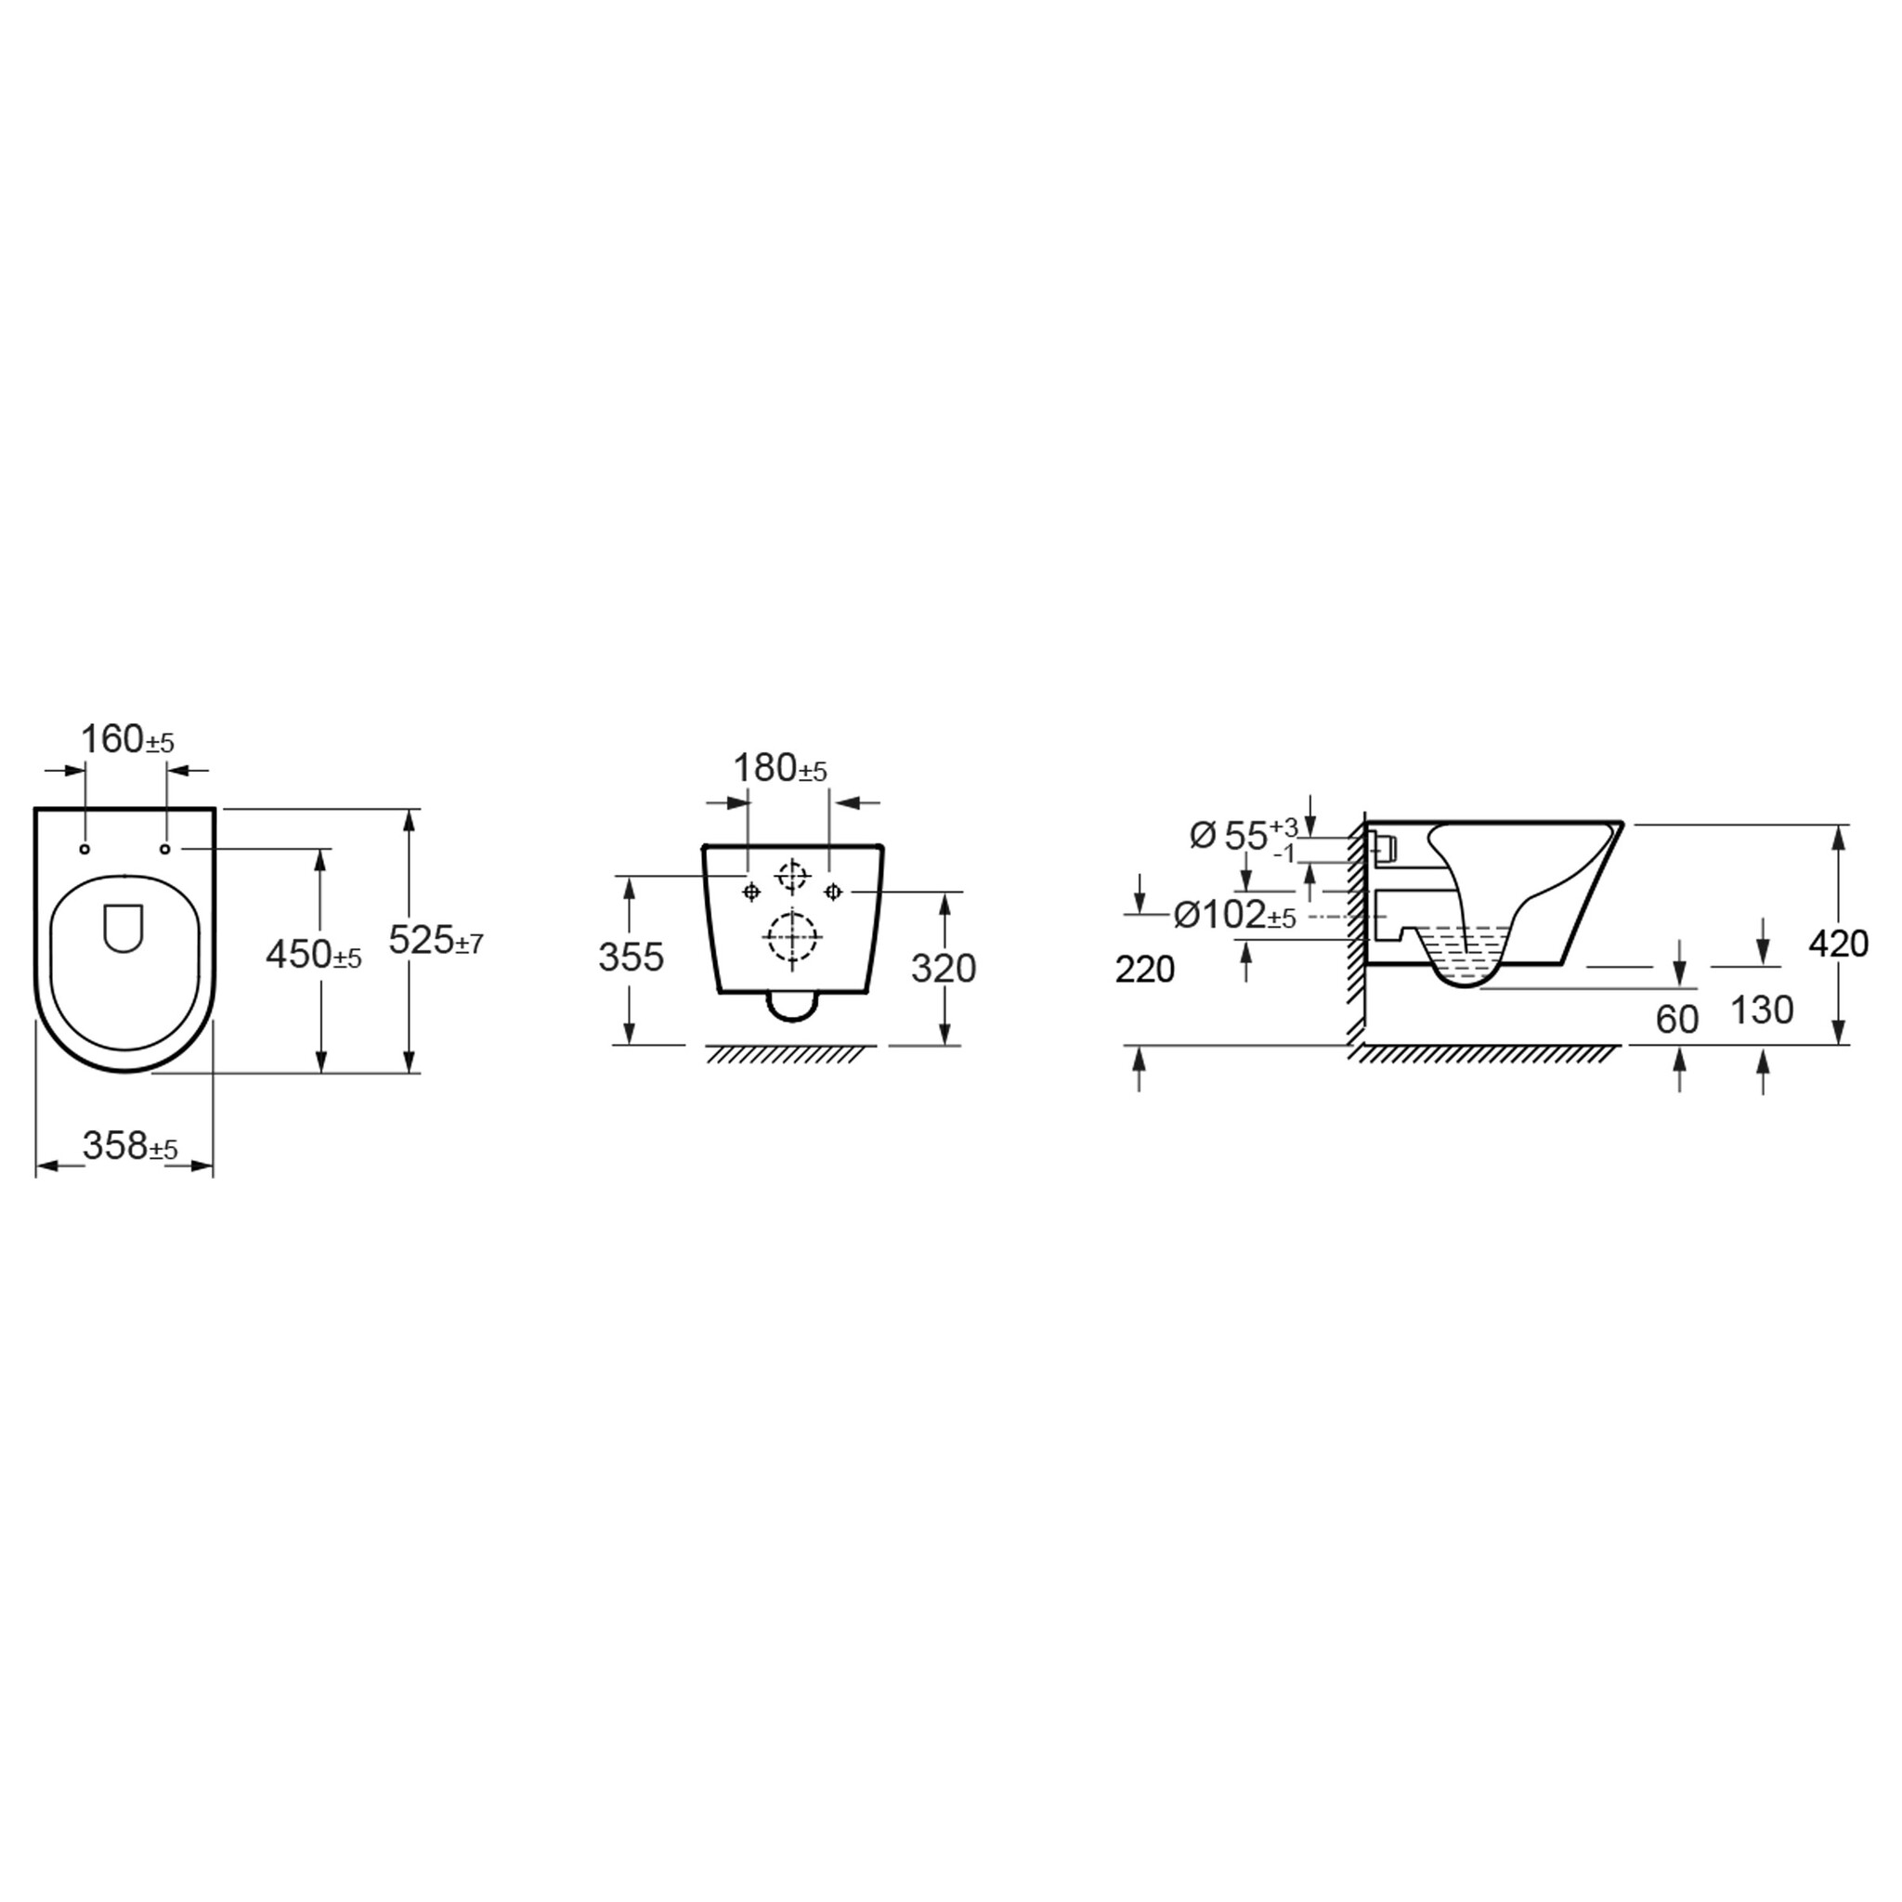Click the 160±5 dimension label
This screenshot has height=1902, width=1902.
[x=127, y=739]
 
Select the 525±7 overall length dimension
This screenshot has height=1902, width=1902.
[x=436, y=940]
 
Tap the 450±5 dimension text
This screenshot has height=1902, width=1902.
[x=314, y=954]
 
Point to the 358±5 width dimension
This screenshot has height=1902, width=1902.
[x=130, y=1146]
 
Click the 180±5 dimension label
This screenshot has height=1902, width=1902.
[x=781, y=768]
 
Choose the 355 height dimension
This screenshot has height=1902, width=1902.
[x=631, y=958]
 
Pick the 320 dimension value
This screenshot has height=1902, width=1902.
[x=944, y=969]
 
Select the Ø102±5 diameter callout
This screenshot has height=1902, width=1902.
[x=1234, y=915]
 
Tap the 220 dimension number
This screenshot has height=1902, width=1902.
[x=1145, y=970]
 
